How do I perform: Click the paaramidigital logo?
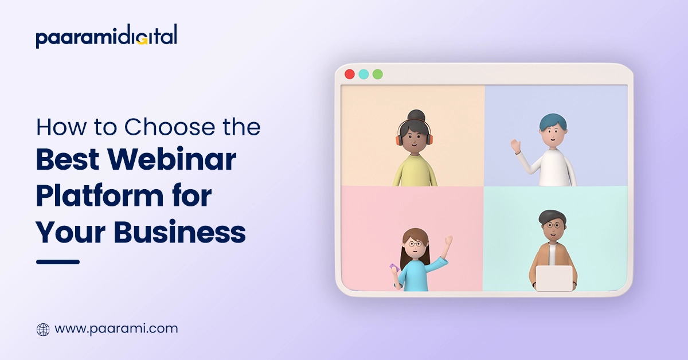[106, 37]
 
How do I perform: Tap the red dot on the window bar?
[349, 74]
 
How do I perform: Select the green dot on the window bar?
[377, 74]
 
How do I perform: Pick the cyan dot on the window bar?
[363, 74]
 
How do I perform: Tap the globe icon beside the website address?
[43, 329]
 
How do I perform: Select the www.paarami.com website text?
[116, 329]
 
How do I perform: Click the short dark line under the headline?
[57, 262]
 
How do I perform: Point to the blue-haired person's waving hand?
[516, 146]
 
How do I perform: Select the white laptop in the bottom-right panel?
[554, 278]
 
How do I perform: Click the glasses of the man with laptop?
[552, 225]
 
